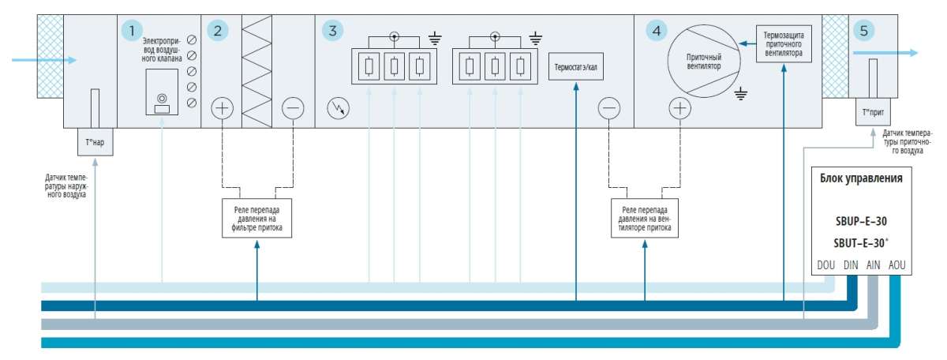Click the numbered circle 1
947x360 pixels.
tap(132, 31)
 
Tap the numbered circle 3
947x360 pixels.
tap(333, 31)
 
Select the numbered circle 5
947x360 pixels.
tap(863, 31)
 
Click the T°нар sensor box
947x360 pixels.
tap(95, 142)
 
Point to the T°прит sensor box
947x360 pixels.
tap(873, 112)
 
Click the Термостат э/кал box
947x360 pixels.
tap(576, 67)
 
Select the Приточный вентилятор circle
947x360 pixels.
tap(704, 61)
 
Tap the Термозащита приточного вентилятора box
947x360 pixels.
tap(784, 43)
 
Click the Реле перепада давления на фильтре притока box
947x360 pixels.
tap(256, 218)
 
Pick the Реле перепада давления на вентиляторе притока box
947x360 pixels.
tap(645, 218)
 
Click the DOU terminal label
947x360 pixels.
tap(825, 265)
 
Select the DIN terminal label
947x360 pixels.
tap(851, 265)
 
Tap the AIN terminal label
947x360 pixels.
tap(873, 265)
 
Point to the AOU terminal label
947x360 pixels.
tap(896, 265)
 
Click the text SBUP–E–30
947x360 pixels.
tap(861, 221)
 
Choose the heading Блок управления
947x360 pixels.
tap(861, 178)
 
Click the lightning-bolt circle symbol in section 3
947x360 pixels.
tap(339, 108)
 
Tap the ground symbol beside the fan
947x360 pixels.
tap(741, 93)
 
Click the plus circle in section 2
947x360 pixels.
tap(222, 108)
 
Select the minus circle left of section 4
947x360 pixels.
tap(609, 108)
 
